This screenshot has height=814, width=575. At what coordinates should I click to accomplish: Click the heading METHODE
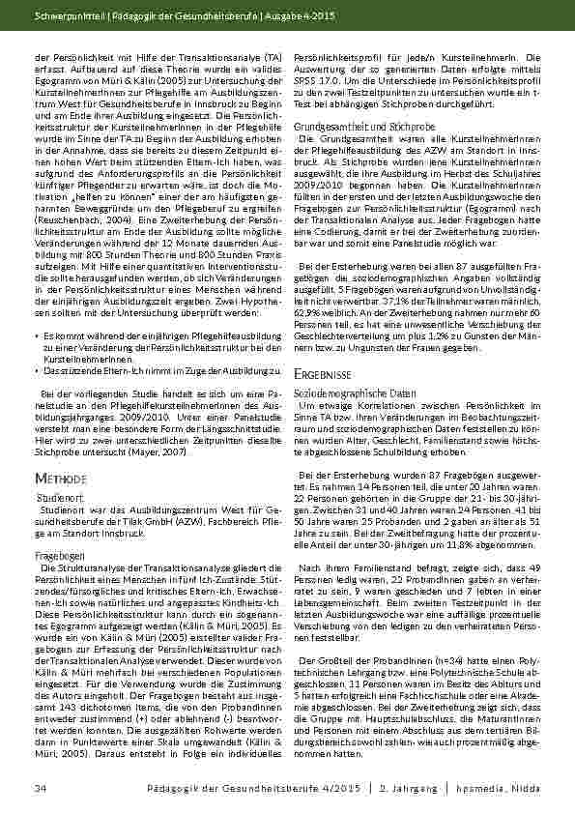point(63,479)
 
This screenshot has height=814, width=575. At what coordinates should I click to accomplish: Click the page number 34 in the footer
point(41,791)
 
